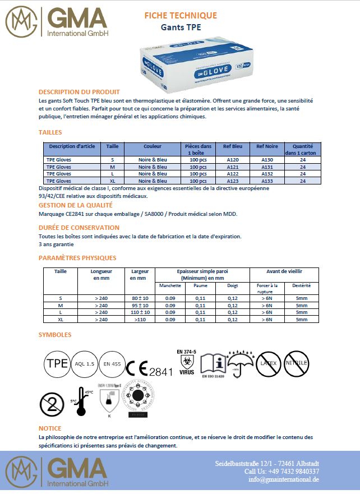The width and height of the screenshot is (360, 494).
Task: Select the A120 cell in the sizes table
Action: pos(232,160)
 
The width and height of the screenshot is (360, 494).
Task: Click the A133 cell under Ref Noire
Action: pos(267,181)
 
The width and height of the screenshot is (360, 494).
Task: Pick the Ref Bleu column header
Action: pos(232,146)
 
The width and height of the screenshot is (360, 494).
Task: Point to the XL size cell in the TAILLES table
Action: pos(112,181)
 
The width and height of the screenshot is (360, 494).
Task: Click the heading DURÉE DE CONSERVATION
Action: pos(79,228)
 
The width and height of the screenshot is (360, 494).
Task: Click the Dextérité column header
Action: pos(302,285)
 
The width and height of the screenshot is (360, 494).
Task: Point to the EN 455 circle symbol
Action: pos(112,364)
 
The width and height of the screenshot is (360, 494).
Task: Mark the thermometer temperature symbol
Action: pos(81,401)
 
